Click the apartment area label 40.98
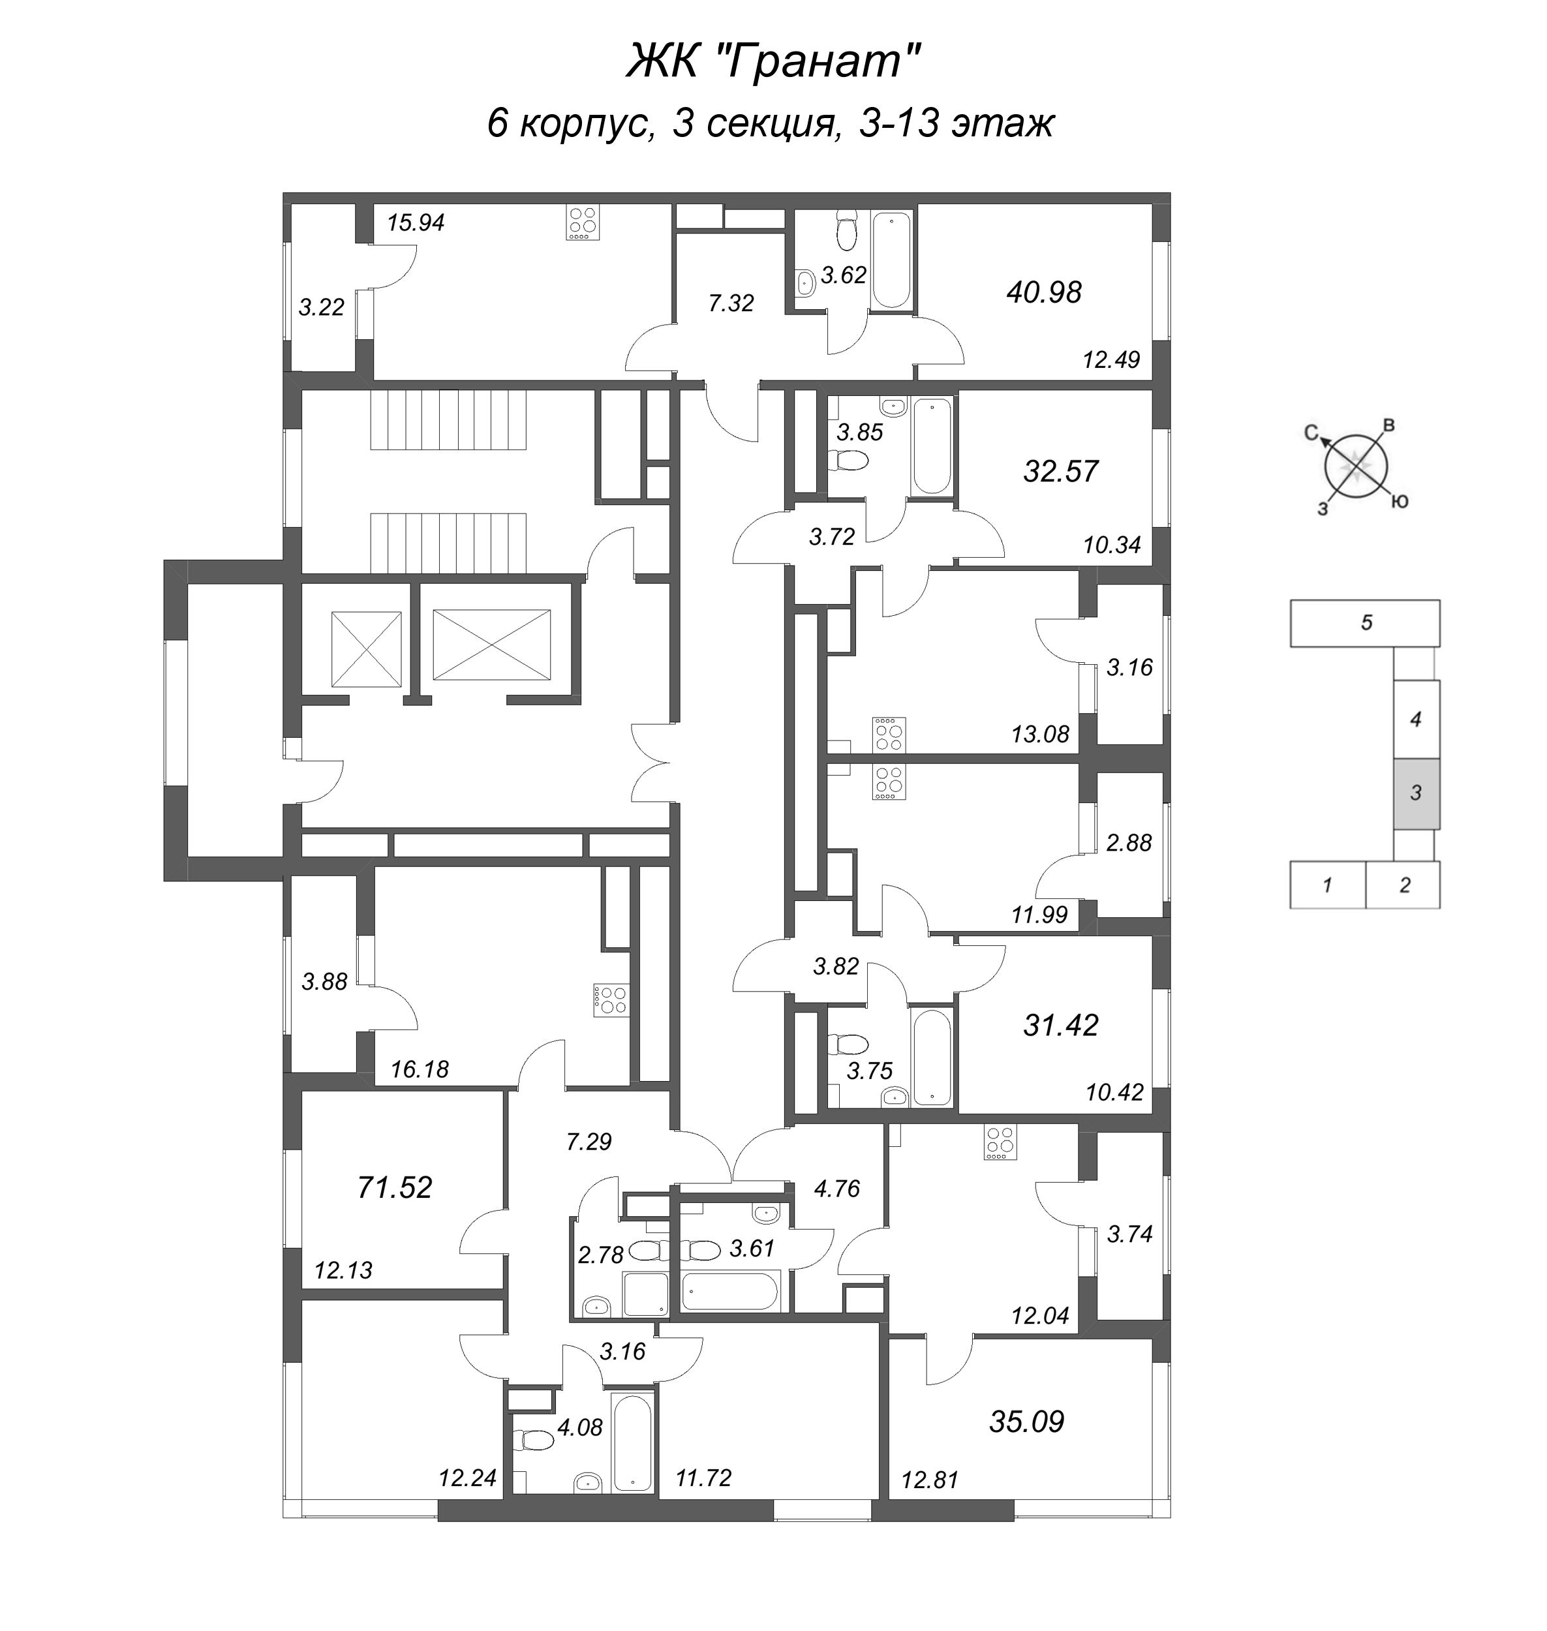coord(1043,293)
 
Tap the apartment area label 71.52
coord(394,1187)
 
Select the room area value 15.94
coord(416,222)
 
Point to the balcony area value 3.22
coord(321,307)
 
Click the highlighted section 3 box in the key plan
coord(1416,793)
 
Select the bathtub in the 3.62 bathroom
coord(891,260)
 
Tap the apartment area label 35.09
coord(1027,1422)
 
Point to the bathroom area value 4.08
coord(579,1427)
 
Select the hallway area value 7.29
coord(589,1142)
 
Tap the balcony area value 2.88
coord(1129,843)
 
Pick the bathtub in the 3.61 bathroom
coord(730,1291)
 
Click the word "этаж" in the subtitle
coord(1003,125)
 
